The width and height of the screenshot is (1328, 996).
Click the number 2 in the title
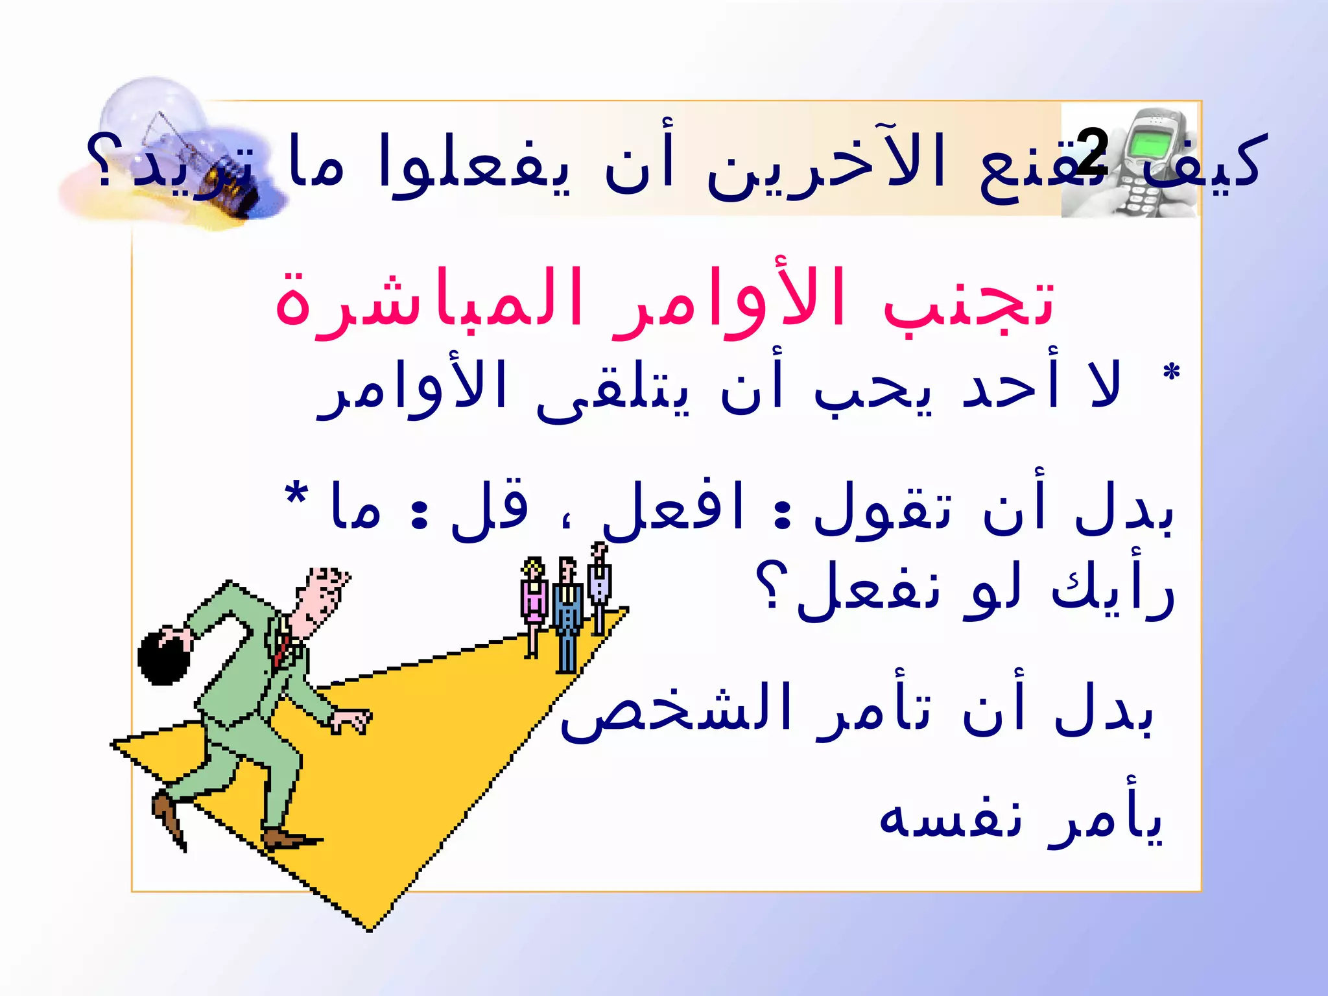1092,152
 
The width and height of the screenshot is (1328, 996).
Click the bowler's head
324,597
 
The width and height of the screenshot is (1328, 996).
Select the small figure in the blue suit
567,616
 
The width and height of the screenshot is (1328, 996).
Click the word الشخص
674,710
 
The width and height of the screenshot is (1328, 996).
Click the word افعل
674,509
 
